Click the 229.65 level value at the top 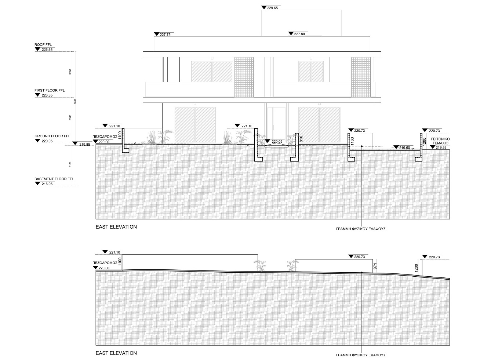(x=272, y=8)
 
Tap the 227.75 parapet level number (x=165, y=35)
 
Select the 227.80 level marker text (x=299, y=34)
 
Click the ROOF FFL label (x=43, y=45)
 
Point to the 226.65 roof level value (x=47, y=50)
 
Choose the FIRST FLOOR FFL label (x=50, y=91)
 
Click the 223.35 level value (x=47, y=95)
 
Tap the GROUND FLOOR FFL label (x=52, y=136)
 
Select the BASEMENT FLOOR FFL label (x=54, y=179)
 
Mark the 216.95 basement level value (x=47, y=184)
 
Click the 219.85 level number (x=85, y=145)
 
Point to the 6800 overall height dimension (x=75, y=101)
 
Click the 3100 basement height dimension (x=70, y=164)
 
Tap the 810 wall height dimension (x=301, y=139)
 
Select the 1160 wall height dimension (x=352, y=141)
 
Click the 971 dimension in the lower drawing (x=375, y=266)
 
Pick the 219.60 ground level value (x=404, y=148)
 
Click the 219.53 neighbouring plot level (x=441, y=148)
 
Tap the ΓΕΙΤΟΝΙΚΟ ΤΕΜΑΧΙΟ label (x=440, y=141)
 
